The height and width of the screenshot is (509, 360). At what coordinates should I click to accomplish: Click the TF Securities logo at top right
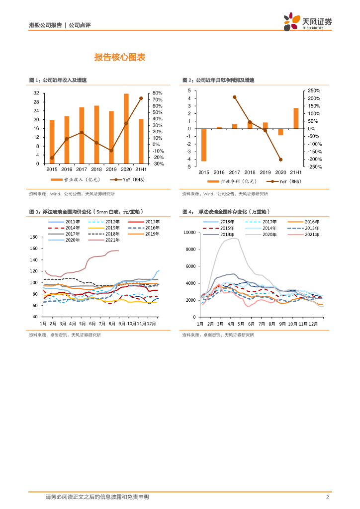[x=307, y=22]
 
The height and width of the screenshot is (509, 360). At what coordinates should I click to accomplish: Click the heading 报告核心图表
[x=120, y=58]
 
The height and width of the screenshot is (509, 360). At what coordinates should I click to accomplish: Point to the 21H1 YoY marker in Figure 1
[x=141, y=98]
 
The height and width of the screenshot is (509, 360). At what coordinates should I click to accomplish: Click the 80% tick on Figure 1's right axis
[x=158, y=93]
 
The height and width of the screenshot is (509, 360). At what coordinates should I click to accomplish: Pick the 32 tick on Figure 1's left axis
[x=36, y=93]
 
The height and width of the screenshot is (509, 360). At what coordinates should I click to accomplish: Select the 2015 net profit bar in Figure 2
[x=204, y=145]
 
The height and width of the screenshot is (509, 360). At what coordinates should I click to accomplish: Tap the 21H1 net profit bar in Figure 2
[x=296, y=118]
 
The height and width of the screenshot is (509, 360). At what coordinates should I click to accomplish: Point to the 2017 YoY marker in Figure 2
[x=235, y=97]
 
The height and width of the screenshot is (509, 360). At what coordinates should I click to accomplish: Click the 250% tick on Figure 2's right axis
[x=314, y=91]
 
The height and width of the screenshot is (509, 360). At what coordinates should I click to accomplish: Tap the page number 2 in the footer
[x=328, y=497]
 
